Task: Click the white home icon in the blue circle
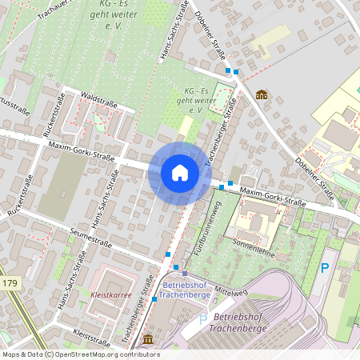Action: click(x=180, y=173)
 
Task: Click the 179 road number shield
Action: click(x=10, y=284)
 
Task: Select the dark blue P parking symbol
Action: click(x=324, y=268)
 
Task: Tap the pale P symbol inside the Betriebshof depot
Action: click(x=202, y=320)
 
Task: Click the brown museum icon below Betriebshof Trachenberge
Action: click(x=148, y=340)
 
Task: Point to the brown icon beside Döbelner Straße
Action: click(x=261, y=95)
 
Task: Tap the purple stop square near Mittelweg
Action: click(x=184, y=274)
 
